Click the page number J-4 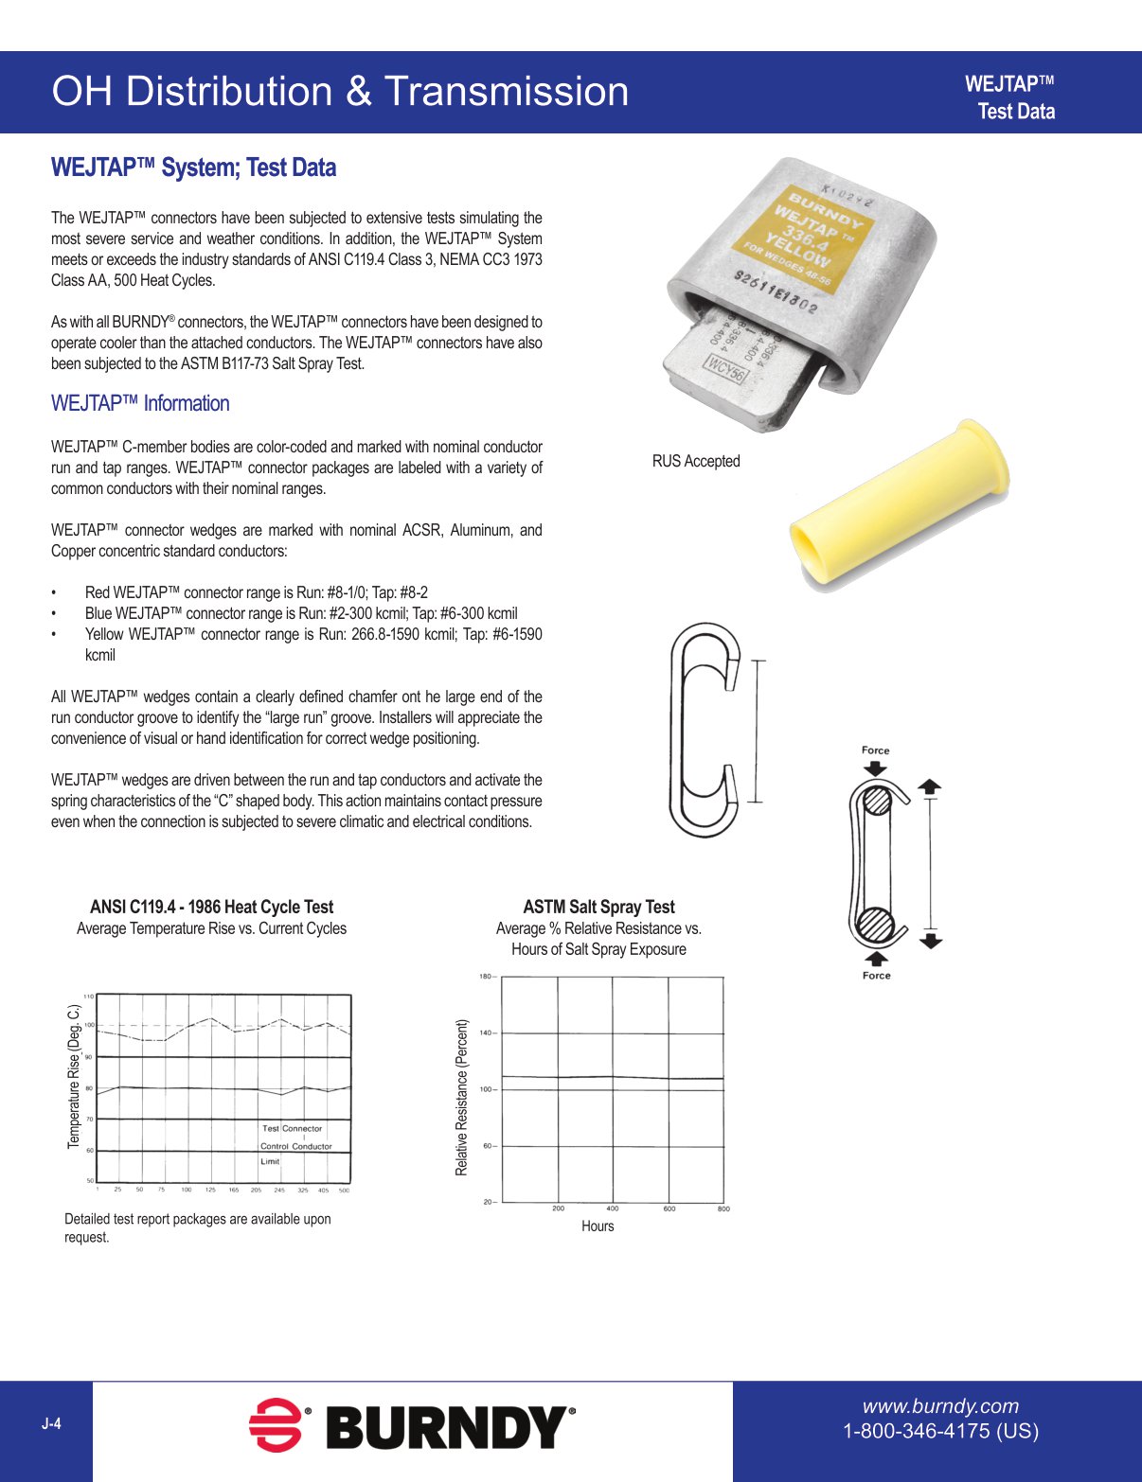pos(51,1423)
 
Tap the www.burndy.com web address pos(940,1406)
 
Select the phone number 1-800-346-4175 pos(940,1431)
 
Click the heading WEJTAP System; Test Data pos(193,168)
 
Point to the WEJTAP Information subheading pos(140,403)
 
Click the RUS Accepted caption pos(696,461)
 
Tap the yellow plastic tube pos(899,505)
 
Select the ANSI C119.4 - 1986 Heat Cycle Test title pos(211,907)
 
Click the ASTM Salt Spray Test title pos(598,907)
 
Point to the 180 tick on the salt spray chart pos(485,977)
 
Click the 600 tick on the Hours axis pos(669,1209)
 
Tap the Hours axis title pos(598,1226)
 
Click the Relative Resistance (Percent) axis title pos(462,1097)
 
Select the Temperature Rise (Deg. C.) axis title pos(74,1077)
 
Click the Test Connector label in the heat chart pos(292,1128)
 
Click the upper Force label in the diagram pos(875,750)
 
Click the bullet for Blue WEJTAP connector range pos(54,613)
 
